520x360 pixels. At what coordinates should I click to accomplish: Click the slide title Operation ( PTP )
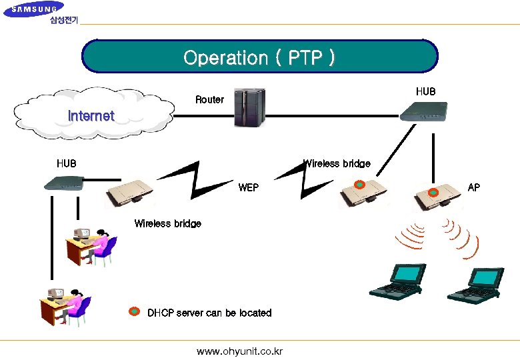click(259, 57)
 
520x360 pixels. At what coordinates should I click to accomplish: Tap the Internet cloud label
click(91, 116)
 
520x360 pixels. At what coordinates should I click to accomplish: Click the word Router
click(209, 99)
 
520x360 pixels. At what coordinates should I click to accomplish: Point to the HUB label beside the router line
click(425, 91)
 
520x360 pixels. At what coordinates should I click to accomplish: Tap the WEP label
click(248, 188)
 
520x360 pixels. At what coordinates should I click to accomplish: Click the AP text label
click(473, 187)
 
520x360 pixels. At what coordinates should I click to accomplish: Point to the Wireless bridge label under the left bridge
click(167, 223)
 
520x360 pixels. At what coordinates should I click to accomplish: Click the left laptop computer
click(398, 281)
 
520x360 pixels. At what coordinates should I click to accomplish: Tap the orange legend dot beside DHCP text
click(134, 312)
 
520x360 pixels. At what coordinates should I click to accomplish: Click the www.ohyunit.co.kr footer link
click(239, 351)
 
